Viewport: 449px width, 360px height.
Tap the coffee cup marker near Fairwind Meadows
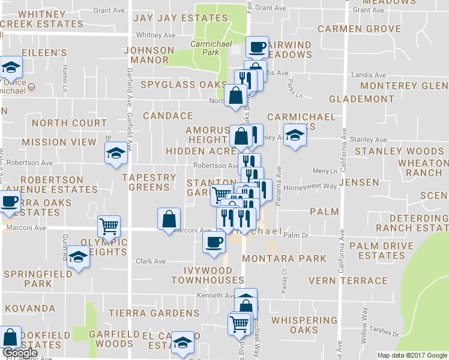[258, 47]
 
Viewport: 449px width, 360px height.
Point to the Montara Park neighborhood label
[284, 259]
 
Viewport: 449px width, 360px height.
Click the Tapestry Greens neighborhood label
[149, 182]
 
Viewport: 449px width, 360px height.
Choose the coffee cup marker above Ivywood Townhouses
[214, 242]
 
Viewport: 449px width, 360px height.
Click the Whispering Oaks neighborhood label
[303, 325]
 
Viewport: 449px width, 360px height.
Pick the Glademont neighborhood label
[361, 98]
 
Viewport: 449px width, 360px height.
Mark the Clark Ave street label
[151, 261]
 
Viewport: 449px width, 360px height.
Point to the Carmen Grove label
[359, 29]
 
